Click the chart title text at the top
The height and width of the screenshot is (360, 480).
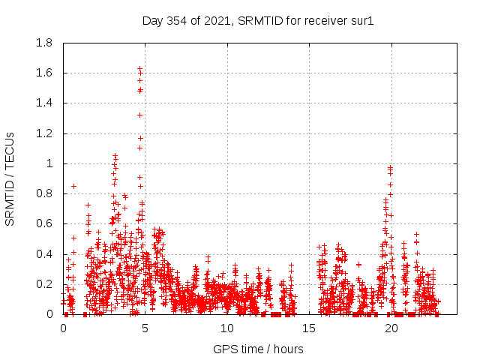coord(258,20)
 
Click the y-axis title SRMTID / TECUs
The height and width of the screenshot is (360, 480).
coord(10,178)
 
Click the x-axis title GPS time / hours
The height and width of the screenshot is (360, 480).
coord(258,349)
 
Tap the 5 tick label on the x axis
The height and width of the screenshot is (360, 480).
coord(145,328)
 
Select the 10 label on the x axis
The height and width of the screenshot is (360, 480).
coord(227,328)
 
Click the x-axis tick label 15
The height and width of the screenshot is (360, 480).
coord(310,328)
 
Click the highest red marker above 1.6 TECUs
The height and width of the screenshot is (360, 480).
coord(139,68)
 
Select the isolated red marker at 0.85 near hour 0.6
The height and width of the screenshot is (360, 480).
coord(73,186)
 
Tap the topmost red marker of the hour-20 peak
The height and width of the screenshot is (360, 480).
coord(390,167)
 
